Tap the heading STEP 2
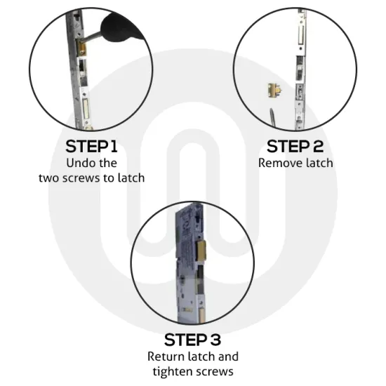tap(295, 147)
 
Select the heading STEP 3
tap(193, 340)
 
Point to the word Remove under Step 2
tap(278, 163)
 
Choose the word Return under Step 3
tap(165, 356)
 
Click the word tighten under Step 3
tap(173, 371)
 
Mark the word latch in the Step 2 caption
tap(317, 163)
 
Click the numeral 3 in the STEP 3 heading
tap(216, 340)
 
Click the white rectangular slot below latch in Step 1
tap(84, 107)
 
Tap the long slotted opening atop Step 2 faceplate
tap(301, 32)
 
